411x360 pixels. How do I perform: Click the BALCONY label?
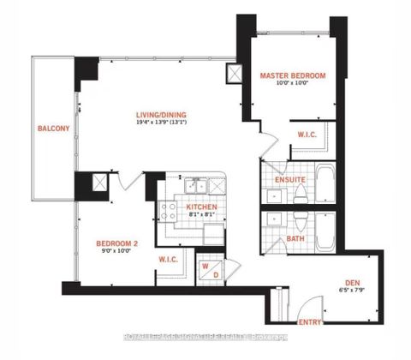click(47, 129)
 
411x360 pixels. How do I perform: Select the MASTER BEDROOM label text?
click(294, 76)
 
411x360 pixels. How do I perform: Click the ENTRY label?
click(310, 322)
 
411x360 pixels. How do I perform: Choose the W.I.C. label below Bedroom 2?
click(168, 258)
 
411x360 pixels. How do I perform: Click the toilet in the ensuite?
click(299, 195)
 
